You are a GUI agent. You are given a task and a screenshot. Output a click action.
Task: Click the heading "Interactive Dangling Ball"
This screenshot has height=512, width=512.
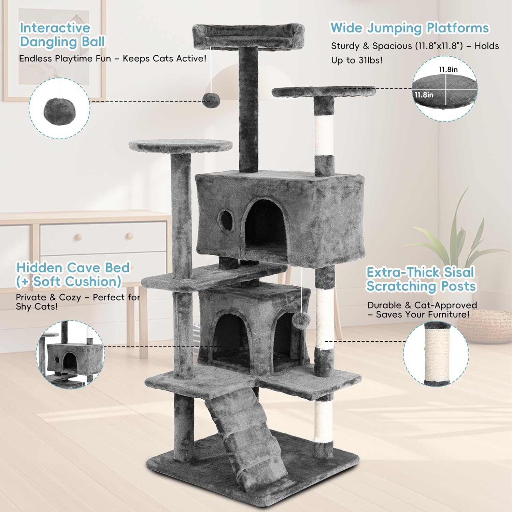pyautogui.click(x=62, y=35)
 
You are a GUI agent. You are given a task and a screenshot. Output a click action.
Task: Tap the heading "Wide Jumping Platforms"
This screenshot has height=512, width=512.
pyautogui.click(x=410, y=28)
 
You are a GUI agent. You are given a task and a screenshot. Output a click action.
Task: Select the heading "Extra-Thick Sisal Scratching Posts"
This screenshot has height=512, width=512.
pyautogui.click(x=421, y=279)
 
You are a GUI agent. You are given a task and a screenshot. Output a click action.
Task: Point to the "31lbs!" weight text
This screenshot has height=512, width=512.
pyautogui.click(x=370, y=60)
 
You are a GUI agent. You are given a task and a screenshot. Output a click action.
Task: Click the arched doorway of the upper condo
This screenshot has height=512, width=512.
pyautogui.click(x=265, y=227)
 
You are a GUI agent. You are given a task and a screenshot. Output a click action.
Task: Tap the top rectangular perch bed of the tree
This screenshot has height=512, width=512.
pyautogui.click(x=248, y=35)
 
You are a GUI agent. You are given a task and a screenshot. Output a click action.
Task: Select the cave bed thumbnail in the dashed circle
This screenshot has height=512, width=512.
pyautogui.click(x=70, y=355)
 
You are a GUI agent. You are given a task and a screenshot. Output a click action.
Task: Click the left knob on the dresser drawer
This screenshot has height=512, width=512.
pyautogui.click(x=79, y=237)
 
